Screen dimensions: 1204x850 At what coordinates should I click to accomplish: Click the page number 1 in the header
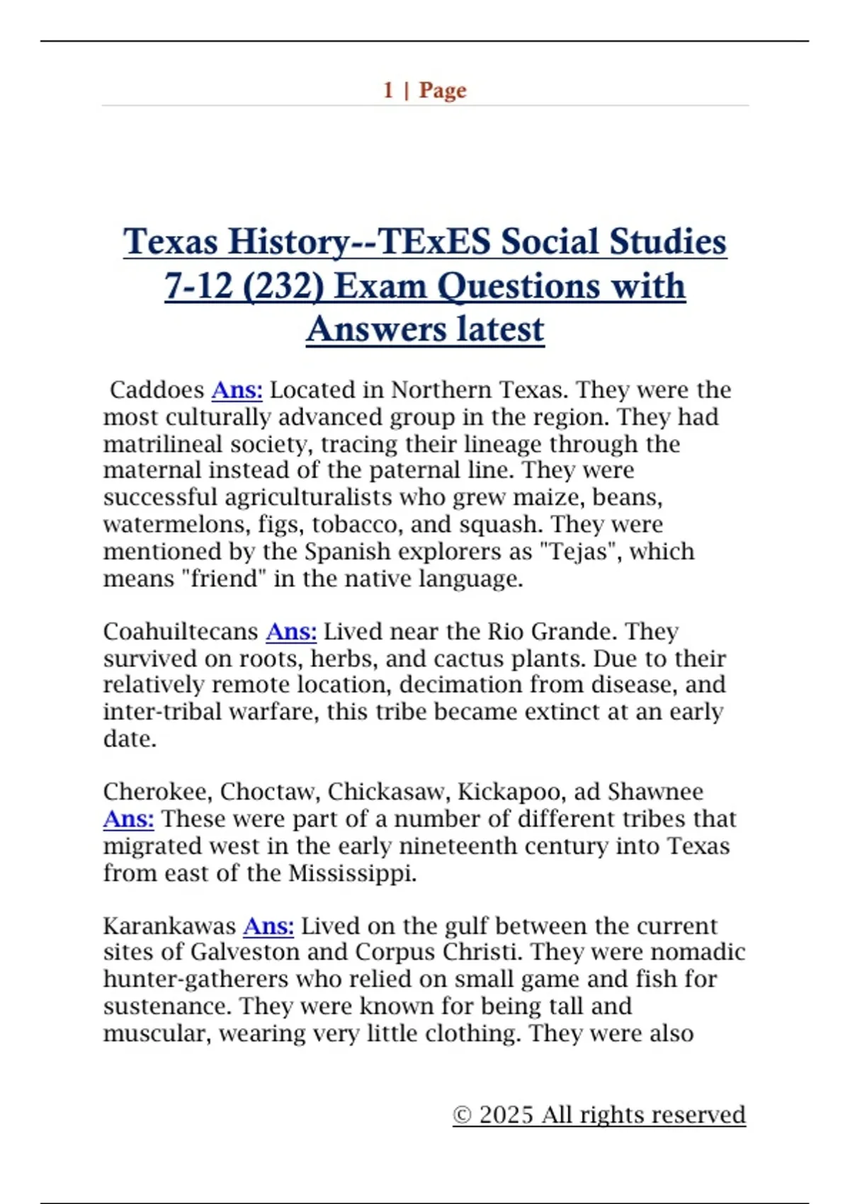click(x=388, y=91)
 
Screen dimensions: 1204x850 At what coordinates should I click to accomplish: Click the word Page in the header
click(x=443, y=91)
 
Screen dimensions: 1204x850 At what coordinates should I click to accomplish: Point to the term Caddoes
click(x=157, y=390)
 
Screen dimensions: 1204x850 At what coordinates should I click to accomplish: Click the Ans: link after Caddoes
click(x=237, y=390)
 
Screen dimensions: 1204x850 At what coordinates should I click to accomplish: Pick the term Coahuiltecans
click(x=181, y=632)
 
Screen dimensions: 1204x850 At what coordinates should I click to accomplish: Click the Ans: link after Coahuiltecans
click(x=291, y=632)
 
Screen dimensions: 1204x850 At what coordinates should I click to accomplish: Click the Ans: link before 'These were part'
click(x=128, y=819)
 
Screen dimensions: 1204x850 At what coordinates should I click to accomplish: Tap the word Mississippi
click(x=352, y=873)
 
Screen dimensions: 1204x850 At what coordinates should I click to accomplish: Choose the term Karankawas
click(x=169, y=926)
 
